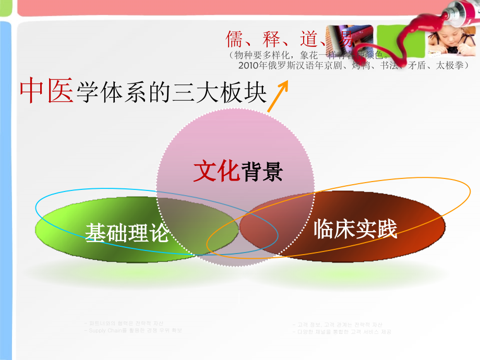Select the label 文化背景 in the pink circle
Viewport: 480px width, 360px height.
pos(238,171)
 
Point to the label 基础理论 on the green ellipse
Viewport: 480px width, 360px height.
pos(127,232)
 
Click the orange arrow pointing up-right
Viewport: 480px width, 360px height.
pos(279,96)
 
